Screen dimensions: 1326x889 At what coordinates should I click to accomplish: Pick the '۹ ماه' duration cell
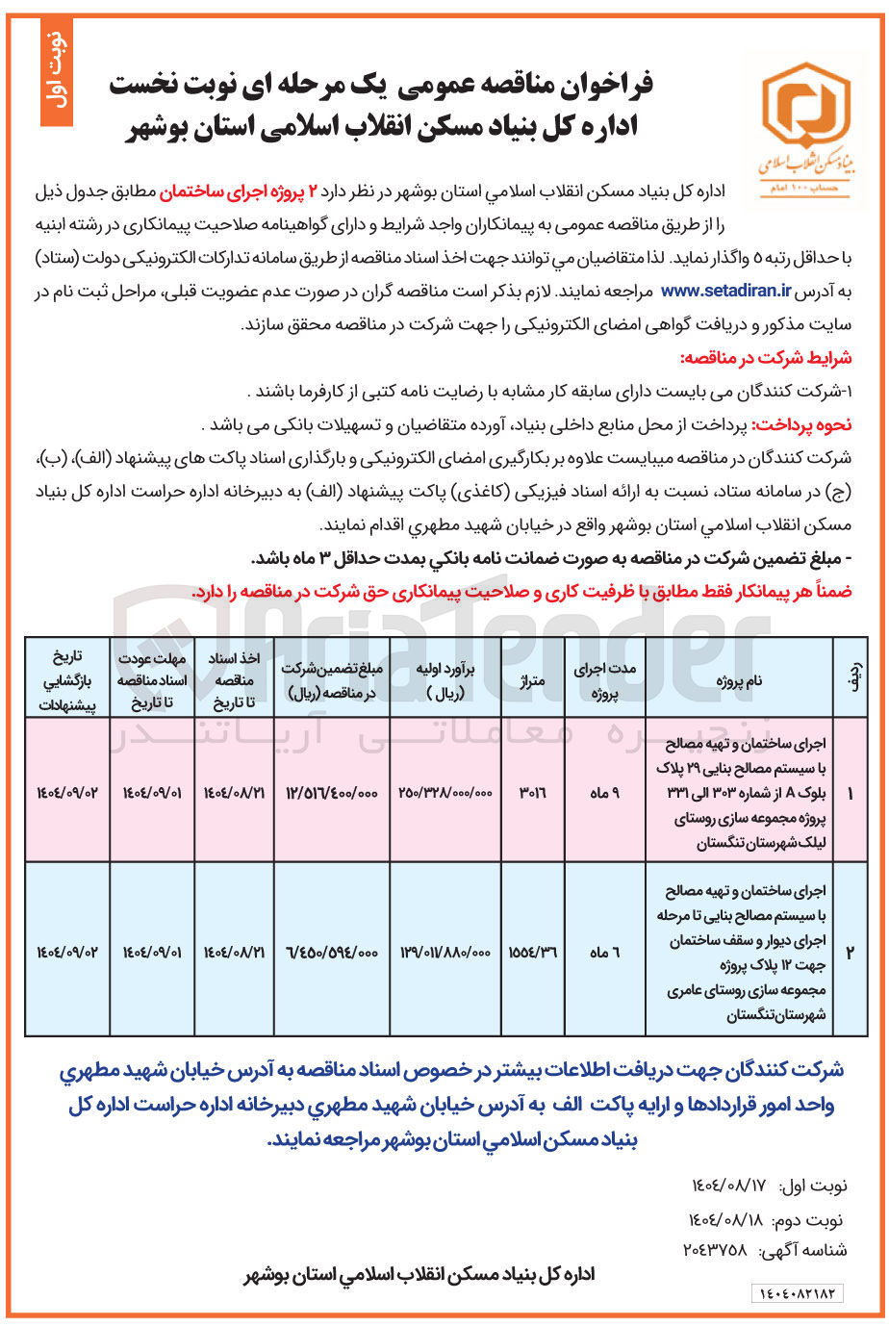603,791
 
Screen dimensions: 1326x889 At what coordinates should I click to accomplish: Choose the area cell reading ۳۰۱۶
532,791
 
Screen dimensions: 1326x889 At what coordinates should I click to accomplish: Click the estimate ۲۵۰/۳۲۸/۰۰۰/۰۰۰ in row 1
445,791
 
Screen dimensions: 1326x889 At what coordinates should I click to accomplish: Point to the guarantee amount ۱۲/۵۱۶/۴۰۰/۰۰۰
332,791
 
